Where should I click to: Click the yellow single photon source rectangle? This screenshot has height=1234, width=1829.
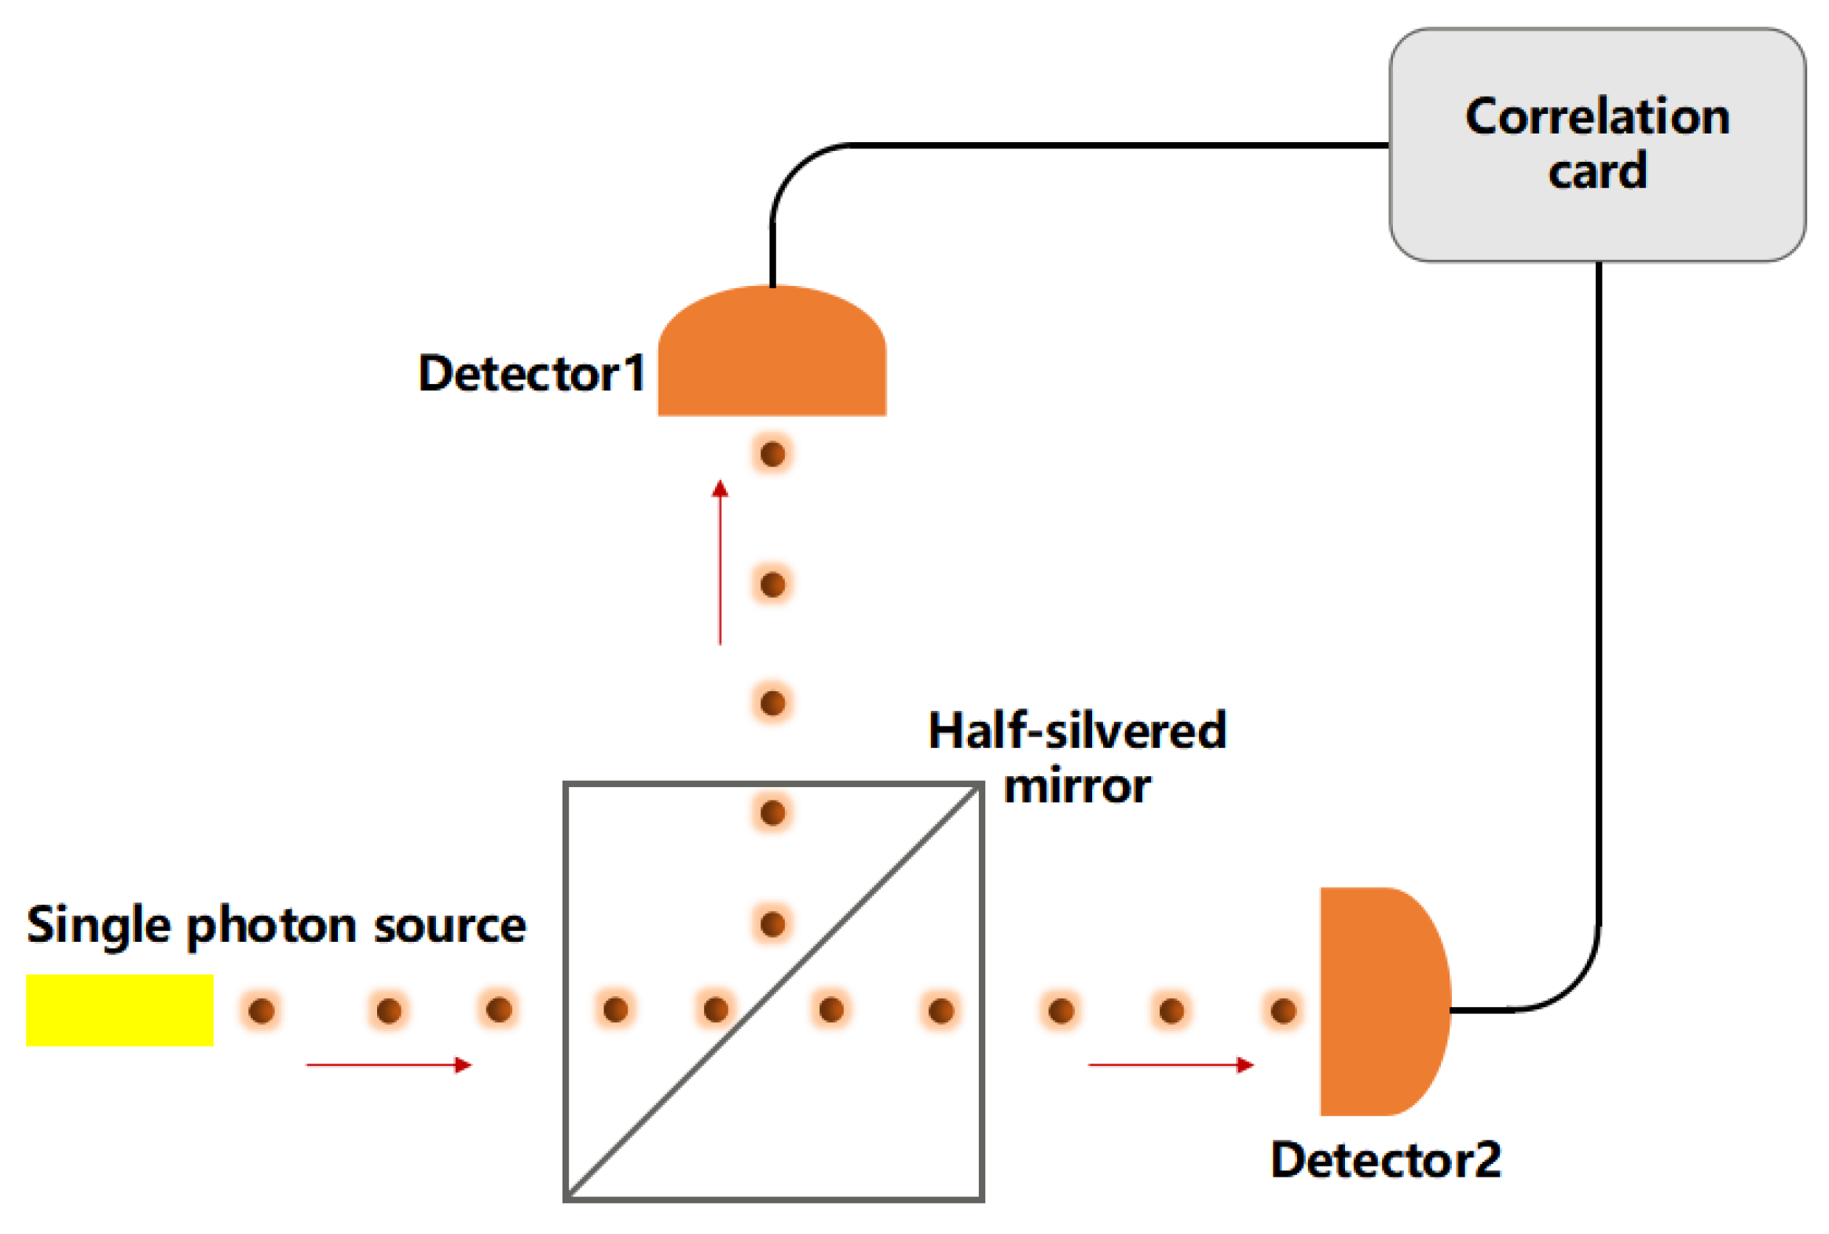pyautogui.click(x=119, y=1010)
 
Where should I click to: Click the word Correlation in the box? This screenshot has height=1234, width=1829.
pyautogui.click(x=1596, y=116)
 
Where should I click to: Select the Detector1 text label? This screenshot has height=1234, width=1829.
pyautogui.click(x=531, y=373)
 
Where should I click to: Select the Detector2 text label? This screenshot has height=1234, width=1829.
pyautogui.click(x=1385, y=1160)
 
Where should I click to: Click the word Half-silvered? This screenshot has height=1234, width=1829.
pyautogui.click(x=1076, y=731)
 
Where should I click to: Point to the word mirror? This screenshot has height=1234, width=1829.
pyautogui.click(x=1076, y=786)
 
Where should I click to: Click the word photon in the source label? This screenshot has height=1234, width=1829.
pyautogui.click(x=272, y=925)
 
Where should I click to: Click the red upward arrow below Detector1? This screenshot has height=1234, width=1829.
pyautogui.click(x=720, y=562)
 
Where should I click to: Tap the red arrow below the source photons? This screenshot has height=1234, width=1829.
pyautogui.click(x=389, y=1065)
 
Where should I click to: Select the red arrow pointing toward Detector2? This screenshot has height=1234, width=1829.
pyautogui.click(x=1171, y=1065)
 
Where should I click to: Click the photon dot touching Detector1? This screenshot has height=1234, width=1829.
pyautogui.click(x=773, y=454)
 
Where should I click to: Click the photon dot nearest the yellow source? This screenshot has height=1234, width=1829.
pyautogui.click(x=262, y=1010)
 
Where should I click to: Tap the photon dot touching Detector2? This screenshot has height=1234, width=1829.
pyautogui.click(x=1284, y=1010)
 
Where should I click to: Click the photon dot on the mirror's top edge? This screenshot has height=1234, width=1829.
pyautogui.click(x=773, y=812)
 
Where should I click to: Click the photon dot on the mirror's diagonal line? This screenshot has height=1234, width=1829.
pyautogui.click(x=716, y=1009)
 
